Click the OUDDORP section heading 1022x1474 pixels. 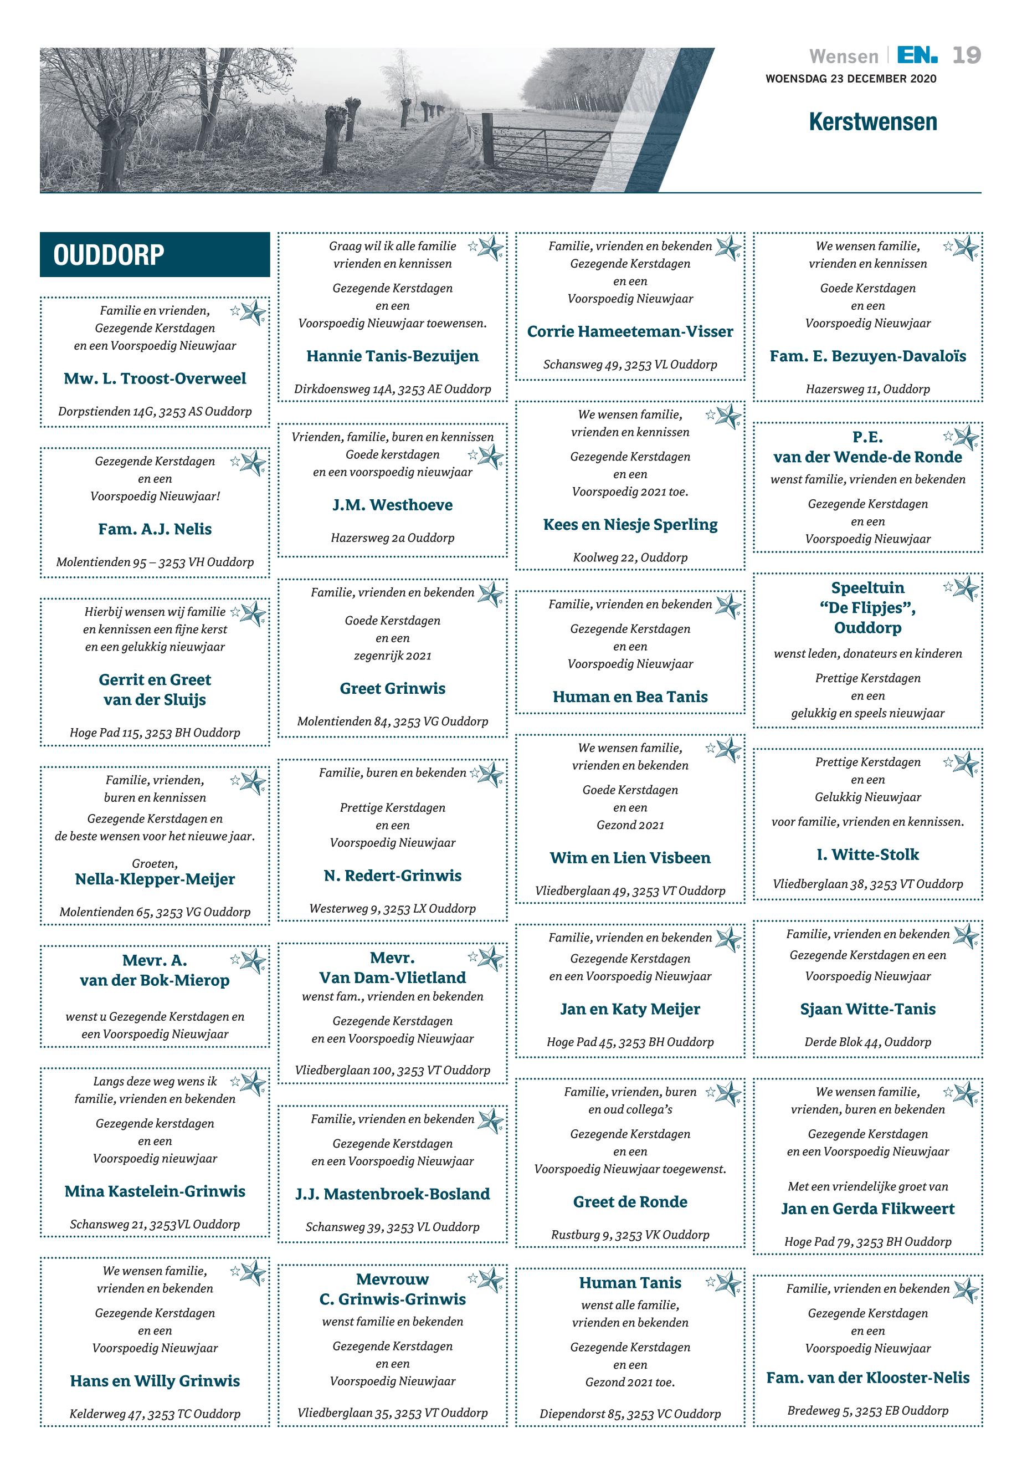[x=109, y=255]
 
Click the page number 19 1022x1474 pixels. [x=965, y=56]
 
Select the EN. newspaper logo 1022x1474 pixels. [x=917, y=56]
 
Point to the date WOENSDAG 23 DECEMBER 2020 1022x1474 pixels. [x=850, y=79]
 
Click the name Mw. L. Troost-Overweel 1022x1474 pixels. [x=155, y=378]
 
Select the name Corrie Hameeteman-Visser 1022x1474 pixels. [x=630, y=332]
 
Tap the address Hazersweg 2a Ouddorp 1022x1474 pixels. [x=393, y=538]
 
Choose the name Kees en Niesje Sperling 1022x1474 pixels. [x=630, y=525]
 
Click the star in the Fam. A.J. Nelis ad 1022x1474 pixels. [x=253, y=463]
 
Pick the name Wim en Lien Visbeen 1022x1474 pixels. [x=630, y=858]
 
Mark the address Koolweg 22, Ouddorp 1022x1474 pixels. [x=630, y=557]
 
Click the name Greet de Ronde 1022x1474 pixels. [x=630, y=1202]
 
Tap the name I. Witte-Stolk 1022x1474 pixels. [x=867, y=854]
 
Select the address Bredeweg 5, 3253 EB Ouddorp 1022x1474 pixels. [x=867, y=1410]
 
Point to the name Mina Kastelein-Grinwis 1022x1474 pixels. [x=155, y=1191]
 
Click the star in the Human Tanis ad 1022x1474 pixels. [x=727, y=1284]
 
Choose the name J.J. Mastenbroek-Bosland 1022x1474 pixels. [x=393, y=1194]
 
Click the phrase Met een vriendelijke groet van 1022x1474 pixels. [x=867, y=1186]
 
